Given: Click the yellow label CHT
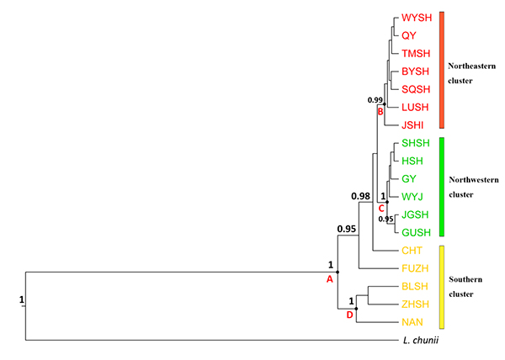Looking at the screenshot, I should pos(411,250).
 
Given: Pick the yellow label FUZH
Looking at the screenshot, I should pos(413,268).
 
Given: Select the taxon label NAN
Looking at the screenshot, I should pos(412,322).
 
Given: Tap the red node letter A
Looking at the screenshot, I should pos(330,281).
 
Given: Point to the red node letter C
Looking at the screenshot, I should pos(380,207).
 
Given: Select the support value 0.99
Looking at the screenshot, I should pos(375,100).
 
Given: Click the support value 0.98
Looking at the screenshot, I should pos(361,197).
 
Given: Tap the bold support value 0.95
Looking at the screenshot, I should pos(347,228).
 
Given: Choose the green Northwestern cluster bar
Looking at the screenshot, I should pos(443,188).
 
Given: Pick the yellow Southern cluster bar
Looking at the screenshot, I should pos(443,287).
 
